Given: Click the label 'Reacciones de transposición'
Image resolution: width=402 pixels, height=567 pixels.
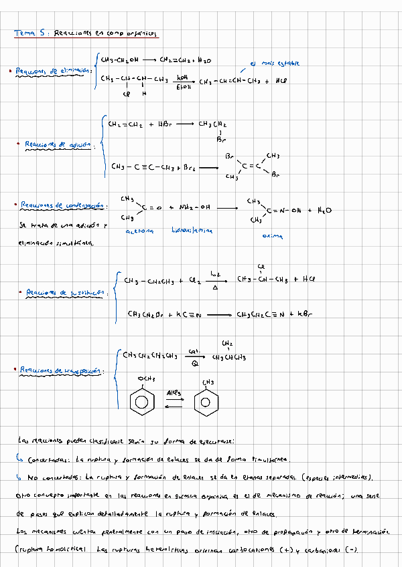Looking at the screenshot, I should click(x=61, y=369).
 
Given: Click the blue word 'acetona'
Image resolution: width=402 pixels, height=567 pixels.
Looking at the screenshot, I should click(x=139, y=231).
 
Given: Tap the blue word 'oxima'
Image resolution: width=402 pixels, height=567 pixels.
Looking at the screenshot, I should click(x=272, y=236).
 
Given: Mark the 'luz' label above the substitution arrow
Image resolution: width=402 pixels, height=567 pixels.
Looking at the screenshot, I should click(x=216, y=273).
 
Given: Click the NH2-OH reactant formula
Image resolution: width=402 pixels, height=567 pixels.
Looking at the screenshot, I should click(x=194, y=207).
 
